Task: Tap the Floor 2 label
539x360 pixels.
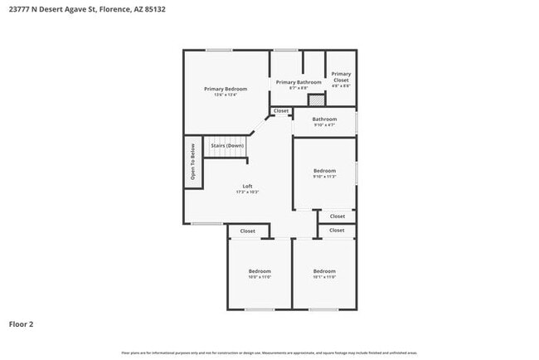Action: point(22,324)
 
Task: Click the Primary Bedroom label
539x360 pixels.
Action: point(226,89)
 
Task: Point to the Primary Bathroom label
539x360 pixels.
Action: point(299,82)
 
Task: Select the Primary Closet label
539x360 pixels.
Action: point(341,76)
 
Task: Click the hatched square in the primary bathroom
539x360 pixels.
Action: point(316,100)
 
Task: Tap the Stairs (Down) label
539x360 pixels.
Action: point(227,146)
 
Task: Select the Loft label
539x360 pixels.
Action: point(247,186)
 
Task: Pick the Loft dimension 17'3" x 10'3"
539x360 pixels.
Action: point(247,192)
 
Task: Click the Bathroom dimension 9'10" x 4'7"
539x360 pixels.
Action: point(324,125)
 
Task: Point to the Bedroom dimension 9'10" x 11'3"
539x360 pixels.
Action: point(324,177)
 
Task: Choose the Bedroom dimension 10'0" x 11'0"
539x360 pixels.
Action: point(260,277)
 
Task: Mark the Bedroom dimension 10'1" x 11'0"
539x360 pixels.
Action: point(324,277)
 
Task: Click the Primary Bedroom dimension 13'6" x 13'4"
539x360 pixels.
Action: point(226,95)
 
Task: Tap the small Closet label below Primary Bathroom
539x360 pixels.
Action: point(281,110)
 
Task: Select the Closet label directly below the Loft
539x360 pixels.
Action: point(247,231)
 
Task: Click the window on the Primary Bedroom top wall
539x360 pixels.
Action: point(219,50)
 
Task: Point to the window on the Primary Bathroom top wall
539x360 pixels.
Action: point(286,50)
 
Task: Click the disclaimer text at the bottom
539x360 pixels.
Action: point(269,353)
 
